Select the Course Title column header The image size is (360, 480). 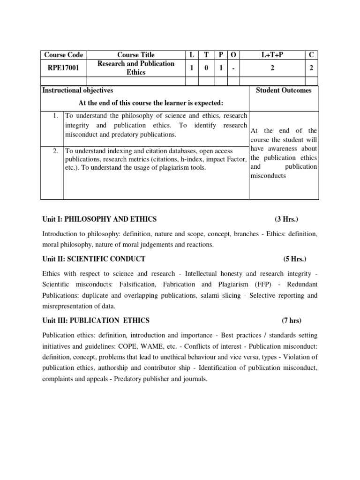pyautogui.click(x=135, y=55)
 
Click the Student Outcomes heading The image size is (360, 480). pyautogui.click(x=284, y=90)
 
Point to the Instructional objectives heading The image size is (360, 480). pyautogui.click(x=78, y=90)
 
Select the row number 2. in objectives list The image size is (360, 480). pyautogui.click(x=55, y=151)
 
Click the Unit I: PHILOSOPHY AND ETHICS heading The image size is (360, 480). pyautogui.click(x=99, y=219)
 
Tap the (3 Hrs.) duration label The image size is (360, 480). pyautogui.click(x=286, y=219)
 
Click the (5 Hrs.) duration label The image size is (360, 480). pyautogui.click(x=295, y=259)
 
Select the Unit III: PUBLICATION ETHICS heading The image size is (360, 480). pyautogui.click(x=96, y=321)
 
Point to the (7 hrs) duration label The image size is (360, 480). pyautogui.click(x=292, y=321)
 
